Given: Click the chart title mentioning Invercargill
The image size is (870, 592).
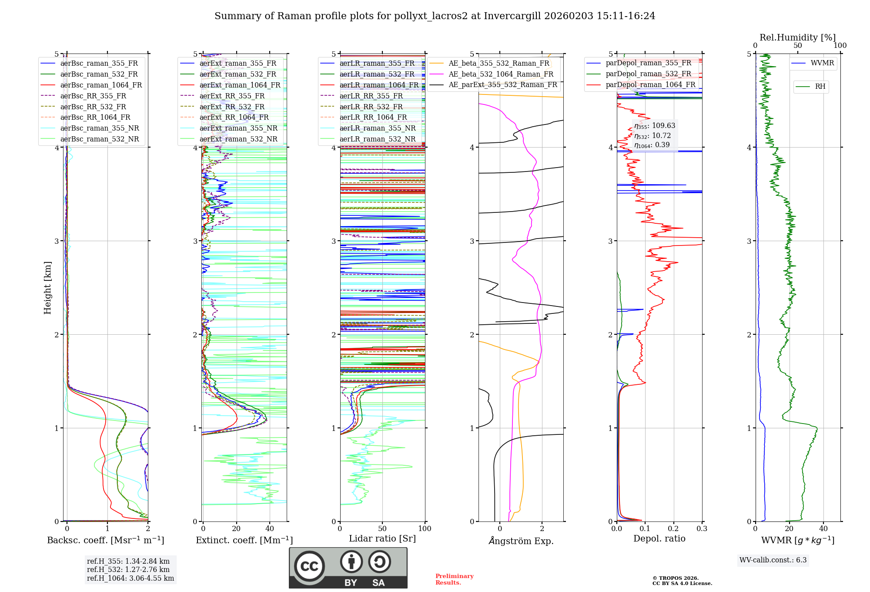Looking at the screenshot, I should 435,16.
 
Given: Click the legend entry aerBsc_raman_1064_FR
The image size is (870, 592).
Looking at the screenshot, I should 101,85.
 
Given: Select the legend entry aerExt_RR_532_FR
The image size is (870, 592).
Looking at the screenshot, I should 232,107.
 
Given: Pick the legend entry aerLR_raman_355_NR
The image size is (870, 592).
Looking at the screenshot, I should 378,128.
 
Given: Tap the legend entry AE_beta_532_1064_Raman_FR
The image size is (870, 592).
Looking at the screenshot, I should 501,74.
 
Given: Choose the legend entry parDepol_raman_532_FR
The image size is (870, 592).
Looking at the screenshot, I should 648,74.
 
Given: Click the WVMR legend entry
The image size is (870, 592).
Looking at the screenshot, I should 822,63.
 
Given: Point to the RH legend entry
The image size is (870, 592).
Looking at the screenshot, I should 820,87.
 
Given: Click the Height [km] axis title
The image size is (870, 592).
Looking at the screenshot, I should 47,287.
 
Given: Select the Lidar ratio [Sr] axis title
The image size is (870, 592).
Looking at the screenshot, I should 382,538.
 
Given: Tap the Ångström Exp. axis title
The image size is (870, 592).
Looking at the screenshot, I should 521,541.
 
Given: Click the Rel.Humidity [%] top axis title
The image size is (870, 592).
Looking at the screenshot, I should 797,37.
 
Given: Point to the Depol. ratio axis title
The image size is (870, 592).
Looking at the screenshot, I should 659,538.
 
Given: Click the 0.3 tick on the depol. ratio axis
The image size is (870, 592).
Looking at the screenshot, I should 702,529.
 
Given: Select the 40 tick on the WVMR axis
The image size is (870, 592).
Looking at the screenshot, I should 823,529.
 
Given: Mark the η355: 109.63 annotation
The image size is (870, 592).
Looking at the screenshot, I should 655,126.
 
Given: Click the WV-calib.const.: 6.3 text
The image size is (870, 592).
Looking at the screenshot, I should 773,560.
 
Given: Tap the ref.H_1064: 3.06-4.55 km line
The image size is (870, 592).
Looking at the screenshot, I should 130,578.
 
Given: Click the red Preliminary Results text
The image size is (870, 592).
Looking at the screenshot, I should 454,579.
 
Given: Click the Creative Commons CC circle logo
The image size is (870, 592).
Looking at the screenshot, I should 309,566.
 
